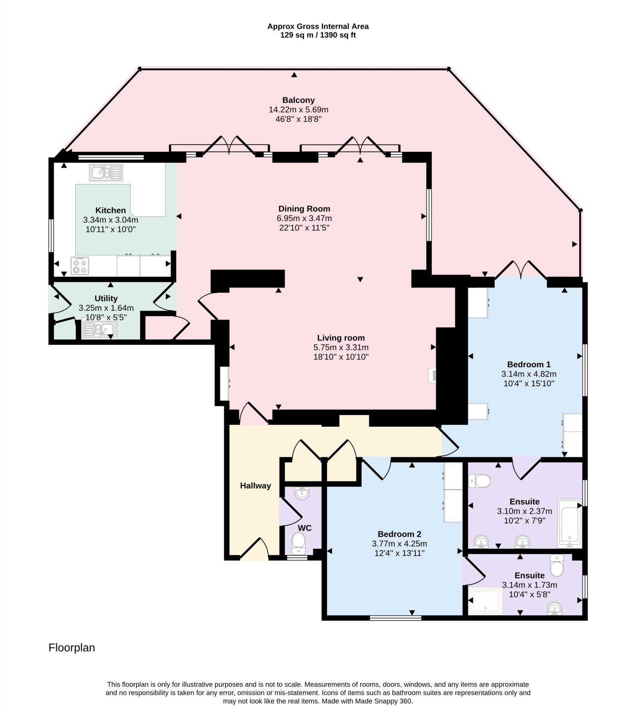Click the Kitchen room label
tap(110, 210)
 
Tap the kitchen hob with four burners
tap(80, 266)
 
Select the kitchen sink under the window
tap(106, 173)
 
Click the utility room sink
tap(98, 329)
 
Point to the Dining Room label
tap(304, 209)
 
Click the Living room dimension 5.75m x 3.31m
tap(341, 348)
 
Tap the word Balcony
tap(298, 100)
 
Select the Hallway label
tap(255, 486)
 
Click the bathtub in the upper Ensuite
tap(569, 524)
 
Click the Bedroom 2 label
tap(399, 534)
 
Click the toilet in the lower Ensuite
tap(557, 565)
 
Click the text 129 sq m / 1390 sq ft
tap(318, 35)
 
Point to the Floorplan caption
tap(72, 648)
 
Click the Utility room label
tap(106, 298)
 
